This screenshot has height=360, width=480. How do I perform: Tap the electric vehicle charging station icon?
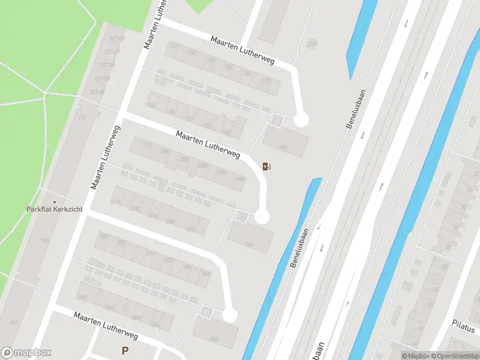(266, 166)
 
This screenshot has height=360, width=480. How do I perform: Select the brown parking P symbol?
(125, 351)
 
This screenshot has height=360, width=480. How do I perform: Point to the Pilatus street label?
(464, 329)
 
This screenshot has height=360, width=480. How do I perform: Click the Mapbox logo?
(26, 353)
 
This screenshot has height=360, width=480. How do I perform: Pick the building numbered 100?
(283, 147)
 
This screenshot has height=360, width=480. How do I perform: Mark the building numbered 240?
(214, 339)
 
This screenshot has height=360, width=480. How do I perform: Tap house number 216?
(116, 202)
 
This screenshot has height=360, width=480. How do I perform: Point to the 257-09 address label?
(118, 38)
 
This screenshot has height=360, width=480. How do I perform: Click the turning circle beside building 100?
(301, 120)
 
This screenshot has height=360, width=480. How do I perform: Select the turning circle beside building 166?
(262, 217)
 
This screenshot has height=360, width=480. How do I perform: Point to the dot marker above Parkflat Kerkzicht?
(55, 202)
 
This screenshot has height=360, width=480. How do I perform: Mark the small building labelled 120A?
(311, 43)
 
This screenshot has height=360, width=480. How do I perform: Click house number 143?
(44, 240)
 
